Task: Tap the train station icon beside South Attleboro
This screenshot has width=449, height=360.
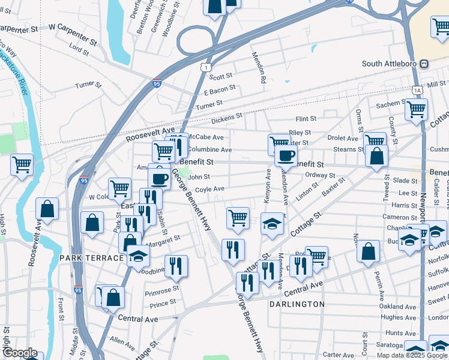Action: tap(424, 64)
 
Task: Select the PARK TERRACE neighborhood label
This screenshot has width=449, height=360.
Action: tap(91, 257)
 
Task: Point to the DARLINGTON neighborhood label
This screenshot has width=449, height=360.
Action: tap(297, 304)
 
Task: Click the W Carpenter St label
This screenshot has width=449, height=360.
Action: tap(73, 27)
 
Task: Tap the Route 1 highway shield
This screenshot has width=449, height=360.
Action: tap(206, 68)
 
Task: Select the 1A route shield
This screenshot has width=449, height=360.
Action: tap(417, 89)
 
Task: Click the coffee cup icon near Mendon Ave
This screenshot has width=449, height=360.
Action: tap(286, 155)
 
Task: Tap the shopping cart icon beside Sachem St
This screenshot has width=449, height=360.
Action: tap(415, 109)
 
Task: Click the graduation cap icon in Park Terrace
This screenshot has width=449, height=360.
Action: tap(138, 257)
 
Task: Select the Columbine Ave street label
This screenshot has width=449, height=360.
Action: tap(209, 149)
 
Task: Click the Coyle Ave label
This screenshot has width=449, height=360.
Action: tap(209, 188)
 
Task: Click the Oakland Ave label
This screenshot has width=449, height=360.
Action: tap(397, 307)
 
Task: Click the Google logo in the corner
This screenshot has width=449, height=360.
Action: tap(20, 353)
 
